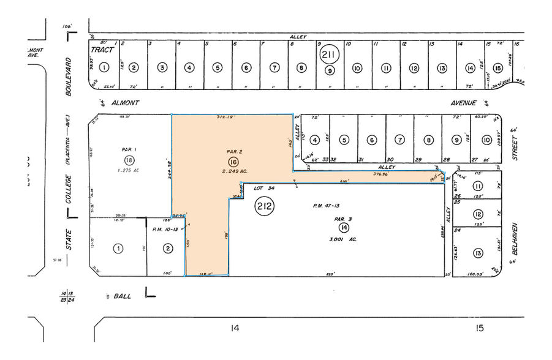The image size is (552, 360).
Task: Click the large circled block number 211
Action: click(x=330, y=54)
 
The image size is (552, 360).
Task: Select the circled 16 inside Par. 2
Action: click(x=233, y=162)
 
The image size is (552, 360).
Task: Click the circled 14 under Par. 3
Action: click(x=345, y=227)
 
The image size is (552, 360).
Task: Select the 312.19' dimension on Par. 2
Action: click(x=227, y=117)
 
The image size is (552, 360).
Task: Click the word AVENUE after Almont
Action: click(x=461, y=103)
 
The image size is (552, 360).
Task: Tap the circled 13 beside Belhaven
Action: click(x=478, y=252)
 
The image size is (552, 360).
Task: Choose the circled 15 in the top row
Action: click(x=497, y=67)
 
